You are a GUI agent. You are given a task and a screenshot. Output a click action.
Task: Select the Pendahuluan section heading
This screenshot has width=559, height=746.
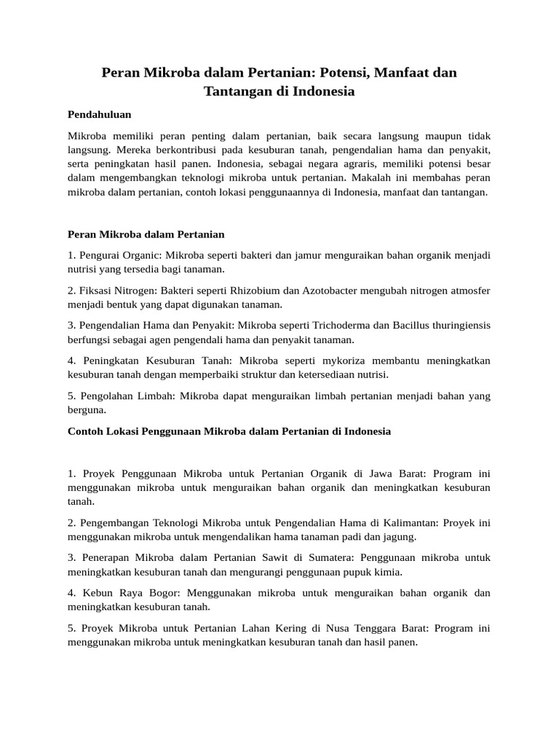click(x=99, y=114)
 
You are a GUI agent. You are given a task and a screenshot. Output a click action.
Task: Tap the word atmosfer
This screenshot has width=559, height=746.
click(x=467, y=291)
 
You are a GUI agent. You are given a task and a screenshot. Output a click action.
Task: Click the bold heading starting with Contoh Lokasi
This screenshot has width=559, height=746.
click(x=229, y=431)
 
